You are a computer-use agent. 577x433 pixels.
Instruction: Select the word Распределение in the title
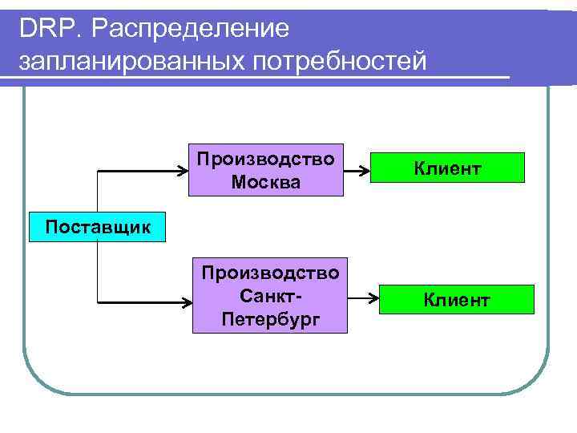[x=190, y=30]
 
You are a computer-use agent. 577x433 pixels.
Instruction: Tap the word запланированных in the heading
[x=129, y=62]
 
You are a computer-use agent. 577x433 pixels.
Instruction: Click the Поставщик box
[x=98, y=227]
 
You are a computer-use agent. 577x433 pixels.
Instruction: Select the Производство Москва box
[x=266, y=170]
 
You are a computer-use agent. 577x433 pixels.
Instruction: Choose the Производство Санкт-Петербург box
[x=270, y=295]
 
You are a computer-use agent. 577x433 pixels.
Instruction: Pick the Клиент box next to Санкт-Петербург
[x=456, y=300]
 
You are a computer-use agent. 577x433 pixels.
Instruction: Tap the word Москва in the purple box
[x=266, y=182]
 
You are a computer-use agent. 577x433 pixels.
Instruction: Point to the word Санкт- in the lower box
[x=270, y=296]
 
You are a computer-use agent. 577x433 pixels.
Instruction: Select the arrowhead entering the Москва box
[x=183, y=171]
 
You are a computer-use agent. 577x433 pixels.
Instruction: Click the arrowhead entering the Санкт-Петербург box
[x=186, y=303]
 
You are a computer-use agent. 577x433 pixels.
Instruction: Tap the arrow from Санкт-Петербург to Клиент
[x=365, y=300]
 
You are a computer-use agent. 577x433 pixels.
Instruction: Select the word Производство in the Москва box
[x=266, y=158]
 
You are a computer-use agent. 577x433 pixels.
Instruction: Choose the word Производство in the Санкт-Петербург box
[x=270, y=273]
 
